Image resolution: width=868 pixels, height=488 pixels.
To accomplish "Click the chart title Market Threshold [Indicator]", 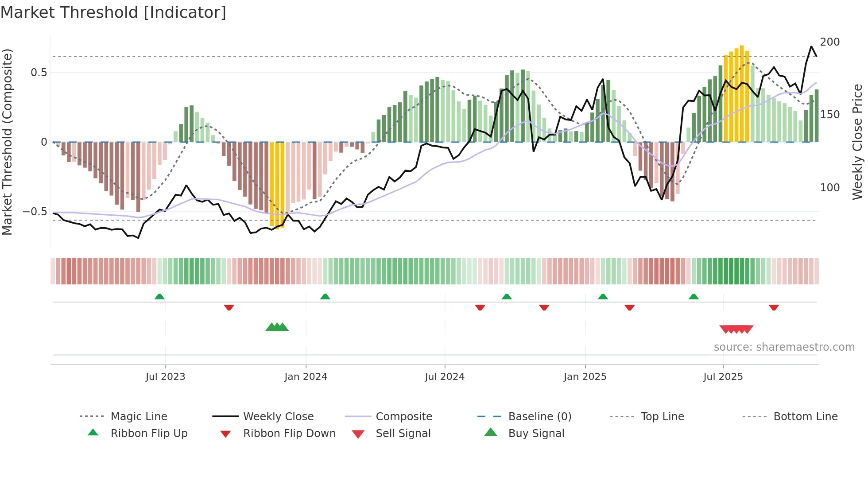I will [x=113, y=12].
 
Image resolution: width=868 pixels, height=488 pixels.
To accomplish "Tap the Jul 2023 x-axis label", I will [x=165, y=377].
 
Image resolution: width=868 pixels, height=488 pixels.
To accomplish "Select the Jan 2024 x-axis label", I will [x=306, y=377].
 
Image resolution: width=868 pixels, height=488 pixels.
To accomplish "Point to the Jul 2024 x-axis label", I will [x=445, y=377].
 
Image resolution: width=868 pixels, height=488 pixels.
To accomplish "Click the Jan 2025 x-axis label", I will [x=585, y=377].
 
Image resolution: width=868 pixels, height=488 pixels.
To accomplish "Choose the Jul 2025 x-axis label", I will [x=723, y=377].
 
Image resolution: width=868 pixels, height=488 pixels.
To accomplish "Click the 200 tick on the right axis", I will [x=829, y=42].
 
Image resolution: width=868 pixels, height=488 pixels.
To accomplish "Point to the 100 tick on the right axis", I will [x=829, y=188].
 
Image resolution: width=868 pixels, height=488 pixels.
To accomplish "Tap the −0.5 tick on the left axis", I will [x=35, y=212].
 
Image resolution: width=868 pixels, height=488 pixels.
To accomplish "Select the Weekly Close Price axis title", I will [x=857, y=142].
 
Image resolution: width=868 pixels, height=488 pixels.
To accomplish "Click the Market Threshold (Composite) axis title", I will [x=7, y=142].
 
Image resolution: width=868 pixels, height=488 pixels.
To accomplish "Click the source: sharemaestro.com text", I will [x=784, y=347].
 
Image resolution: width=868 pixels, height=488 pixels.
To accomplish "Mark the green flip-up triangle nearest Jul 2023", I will [x=159, y=297].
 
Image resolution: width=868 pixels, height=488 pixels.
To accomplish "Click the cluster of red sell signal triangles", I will [x=736, y=329].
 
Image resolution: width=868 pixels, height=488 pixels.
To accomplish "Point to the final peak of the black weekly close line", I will [x=811, y=46].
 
